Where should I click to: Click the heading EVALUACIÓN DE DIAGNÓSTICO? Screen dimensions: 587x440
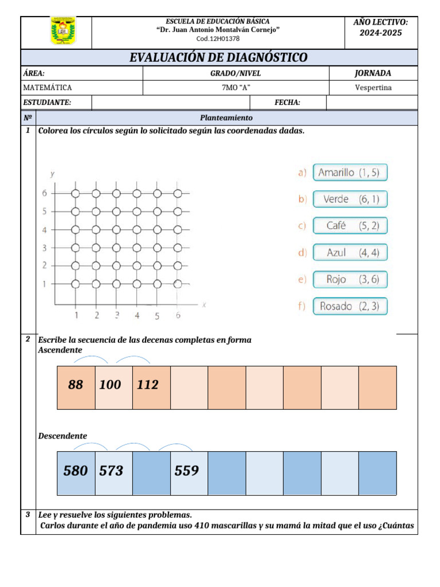(218, 57)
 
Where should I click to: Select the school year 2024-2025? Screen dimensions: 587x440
(380, 33)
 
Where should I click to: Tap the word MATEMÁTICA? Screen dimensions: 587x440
(48, 88)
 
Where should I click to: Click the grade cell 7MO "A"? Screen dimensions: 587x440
(235, 88)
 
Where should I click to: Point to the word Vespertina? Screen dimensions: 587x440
(374, 88)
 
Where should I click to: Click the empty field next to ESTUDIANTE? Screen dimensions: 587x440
(171, 103)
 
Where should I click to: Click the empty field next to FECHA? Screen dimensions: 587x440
(372, 103)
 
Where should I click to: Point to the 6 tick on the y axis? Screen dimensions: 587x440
(44, 194)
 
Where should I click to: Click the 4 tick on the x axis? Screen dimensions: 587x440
(137, 315)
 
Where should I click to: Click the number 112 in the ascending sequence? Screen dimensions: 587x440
(148, 385)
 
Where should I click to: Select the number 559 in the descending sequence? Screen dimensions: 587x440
(187, 471)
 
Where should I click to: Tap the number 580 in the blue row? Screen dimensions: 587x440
(76, 471)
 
